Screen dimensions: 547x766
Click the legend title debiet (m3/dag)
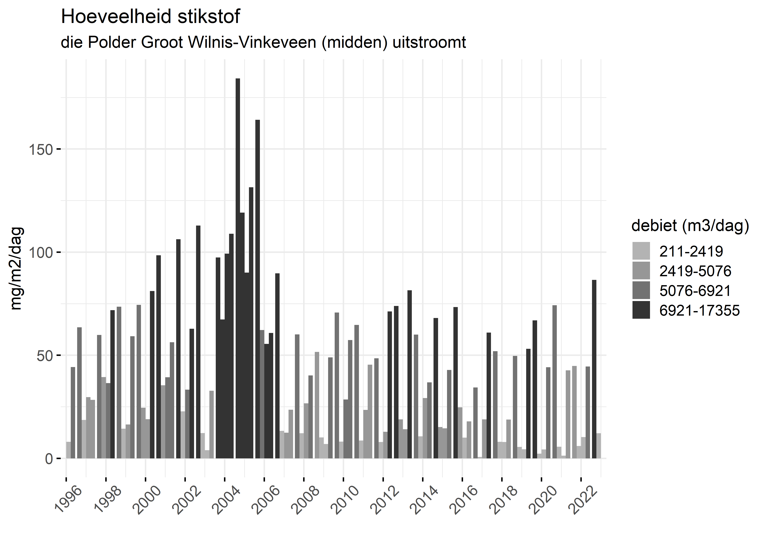click(690, 226)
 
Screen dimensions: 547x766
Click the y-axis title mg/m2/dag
click(16, 268)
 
